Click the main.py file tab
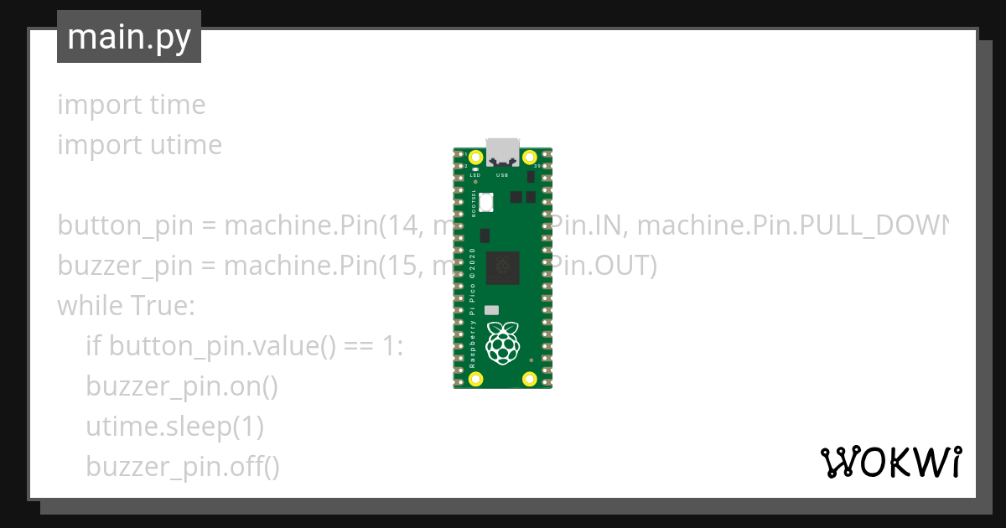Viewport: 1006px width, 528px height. coord(129,38)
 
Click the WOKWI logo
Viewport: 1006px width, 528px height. coord(890,462)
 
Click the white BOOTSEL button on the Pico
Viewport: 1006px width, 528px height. coord(485,201)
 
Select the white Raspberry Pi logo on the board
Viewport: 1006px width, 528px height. coord(503,342)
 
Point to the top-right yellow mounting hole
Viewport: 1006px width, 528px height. coord(529,157)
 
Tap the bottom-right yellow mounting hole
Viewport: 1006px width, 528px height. coord(529,380)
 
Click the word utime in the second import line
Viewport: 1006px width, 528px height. coord(186,145)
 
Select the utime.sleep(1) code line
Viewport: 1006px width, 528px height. coord(174,427)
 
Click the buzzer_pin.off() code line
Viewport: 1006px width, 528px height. coord(183,467)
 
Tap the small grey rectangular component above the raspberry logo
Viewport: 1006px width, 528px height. coord(492,309)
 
